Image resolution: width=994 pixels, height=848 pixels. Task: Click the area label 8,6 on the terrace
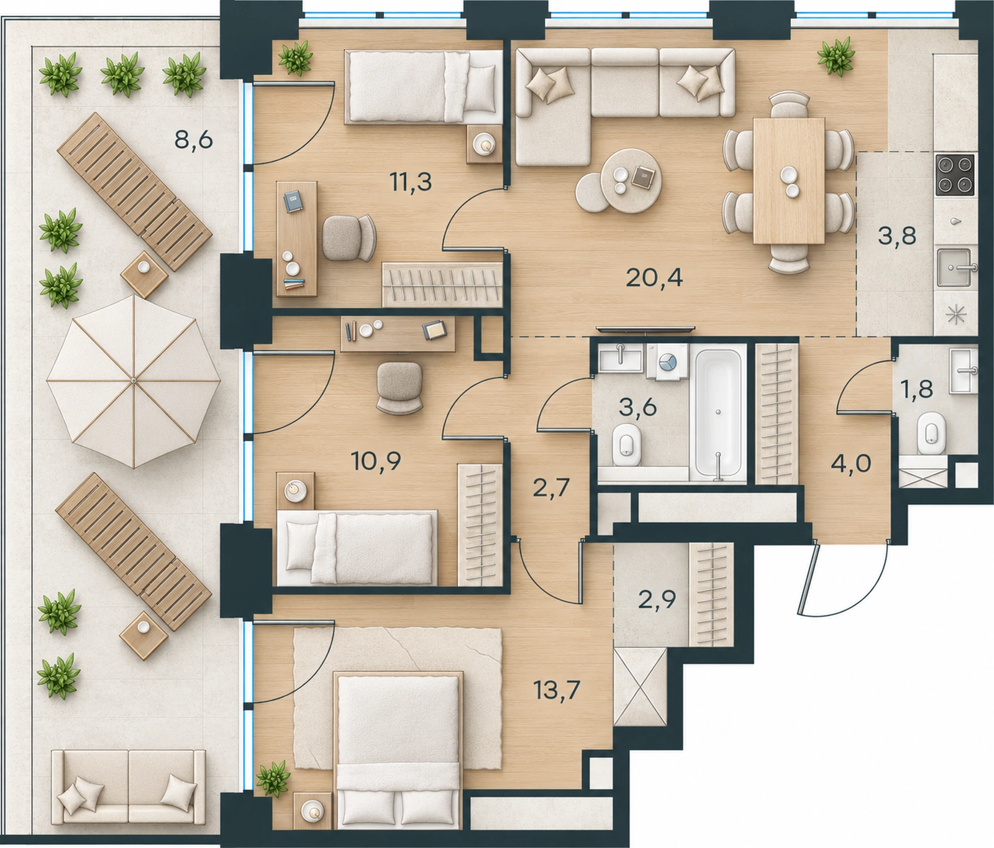pyautogui.click(x=194, y=140)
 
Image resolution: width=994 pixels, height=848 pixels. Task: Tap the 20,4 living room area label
pyautogui.click(x=654, y=277)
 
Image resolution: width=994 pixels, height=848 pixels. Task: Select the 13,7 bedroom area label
pyautogui.click(x=557, y=689)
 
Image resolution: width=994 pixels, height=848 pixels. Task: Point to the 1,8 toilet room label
pyautogui.click(x=917, y=389)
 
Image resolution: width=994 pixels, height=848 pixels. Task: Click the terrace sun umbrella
pyautogui.click(x=134, y=380)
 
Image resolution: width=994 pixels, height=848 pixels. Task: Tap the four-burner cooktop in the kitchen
pyautogui.click(x=955, y=175)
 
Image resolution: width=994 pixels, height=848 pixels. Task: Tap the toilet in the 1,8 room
pyautogui.click(x=931, y=432)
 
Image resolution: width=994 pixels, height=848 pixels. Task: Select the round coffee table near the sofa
pyautogui.click(x=631, y=180)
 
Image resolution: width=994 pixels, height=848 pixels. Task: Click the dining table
pyautogui.click(x=789, y=180)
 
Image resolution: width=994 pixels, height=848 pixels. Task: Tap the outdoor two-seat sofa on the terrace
pyautogui.click(x=129, y=790)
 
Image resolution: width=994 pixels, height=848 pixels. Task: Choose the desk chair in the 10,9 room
pyautogui.click(x=399, y=387)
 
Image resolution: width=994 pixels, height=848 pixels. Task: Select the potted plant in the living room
pyautogui.click(x=836, y=57)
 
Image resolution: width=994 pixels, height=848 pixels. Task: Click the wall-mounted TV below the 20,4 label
pyautogui.click(x=645, y=328)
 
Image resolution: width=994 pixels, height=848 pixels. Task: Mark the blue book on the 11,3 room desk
pyautogui.click(x=293, y=201)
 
